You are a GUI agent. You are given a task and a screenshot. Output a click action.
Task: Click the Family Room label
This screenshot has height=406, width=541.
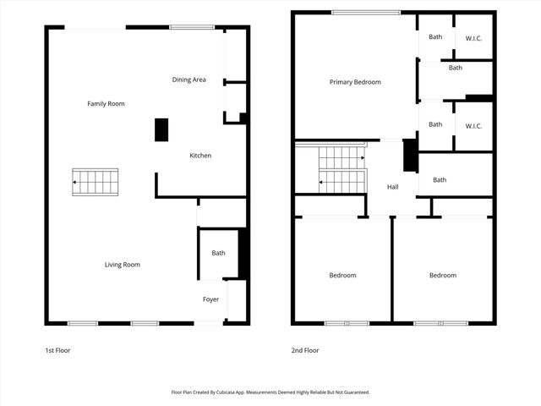pos(106,103)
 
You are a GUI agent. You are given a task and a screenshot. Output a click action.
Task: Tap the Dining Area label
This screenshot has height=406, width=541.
pos(189,80)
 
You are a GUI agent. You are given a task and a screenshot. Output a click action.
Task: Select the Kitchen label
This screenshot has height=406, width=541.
pos(200,156)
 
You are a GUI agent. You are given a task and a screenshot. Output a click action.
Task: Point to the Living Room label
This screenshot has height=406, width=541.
pos(122,265)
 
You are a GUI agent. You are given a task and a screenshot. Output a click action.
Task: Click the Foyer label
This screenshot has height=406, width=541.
pos(210,299)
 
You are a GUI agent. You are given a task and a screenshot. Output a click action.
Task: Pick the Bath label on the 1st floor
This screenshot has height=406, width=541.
pos(218,253)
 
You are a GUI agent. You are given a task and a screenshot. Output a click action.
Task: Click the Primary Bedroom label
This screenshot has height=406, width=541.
pos(355,82)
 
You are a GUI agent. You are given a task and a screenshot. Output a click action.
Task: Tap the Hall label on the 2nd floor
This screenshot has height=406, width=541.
pos(393,187)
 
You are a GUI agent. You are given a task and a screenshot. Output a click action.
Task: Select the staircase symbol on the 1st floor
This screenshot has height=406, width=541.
pos(95,182)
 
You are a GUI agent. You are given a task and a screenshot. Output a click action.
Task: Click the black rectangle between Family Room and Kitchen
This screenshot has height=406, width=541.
pos(161,129)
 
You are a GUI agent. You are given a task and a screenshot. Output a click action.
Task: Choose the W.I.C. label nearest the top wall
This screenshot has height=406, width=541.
pos(473,37)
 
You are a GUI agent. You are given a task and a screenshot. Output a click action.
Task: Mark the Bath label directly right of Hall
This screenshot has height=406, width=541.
pos(440,179)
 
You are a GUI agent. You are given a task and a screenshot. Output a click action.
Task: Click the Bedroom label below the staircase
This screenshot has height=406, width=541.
pos(342,275)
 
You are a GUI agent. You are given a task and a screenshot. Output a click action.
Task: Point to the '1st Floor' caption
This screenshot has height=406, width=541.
pos(57,349)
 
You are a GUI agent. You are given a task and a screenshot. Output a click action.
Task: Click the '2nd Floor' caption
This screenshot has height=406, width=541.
pos(305,349)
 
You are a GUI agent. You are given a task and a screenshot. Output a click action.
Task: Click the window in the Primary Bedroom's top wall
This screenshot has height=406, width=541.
pos(365,12)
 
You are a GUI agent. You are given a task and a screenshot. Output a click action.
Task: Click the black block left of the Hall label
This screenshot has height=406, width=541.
pos(410,155)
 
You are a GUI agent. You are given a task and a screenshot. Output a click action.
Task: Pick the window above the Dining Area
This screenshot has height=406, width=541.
pos(191,27)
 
